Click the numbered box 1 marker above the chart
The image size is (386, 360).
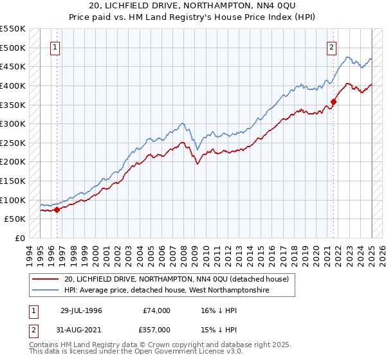[55, 47]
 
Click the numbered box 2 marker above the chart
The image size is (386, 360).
[331, 47]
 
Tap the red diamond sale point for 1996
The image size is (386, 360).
[57, 209]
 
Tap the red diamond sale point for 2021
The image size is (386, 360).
[334, 101]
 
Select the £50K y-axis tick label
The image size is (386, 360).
[15, 219]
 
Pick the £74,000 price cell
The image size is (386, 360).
[157, 310]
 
